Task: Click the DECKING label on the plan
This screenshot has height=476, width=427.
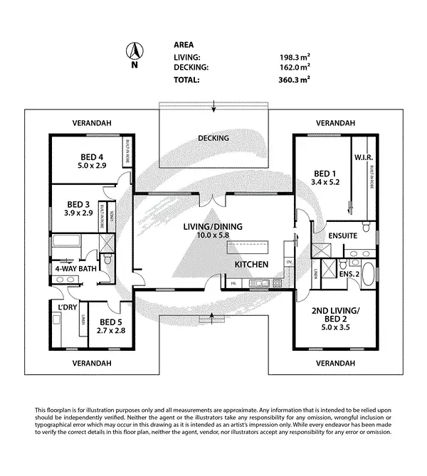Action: coord(213,138)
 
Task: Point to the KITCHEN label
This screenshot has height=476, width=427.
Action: coord(252,265)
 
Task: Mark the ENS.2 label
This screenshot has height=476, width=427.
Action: coord(347,273)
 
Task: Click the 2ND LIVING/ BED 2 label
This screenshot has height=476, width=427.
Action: coord(335,314)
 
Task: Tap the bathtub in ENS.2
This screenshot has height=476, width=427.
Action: coord(370,273)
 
